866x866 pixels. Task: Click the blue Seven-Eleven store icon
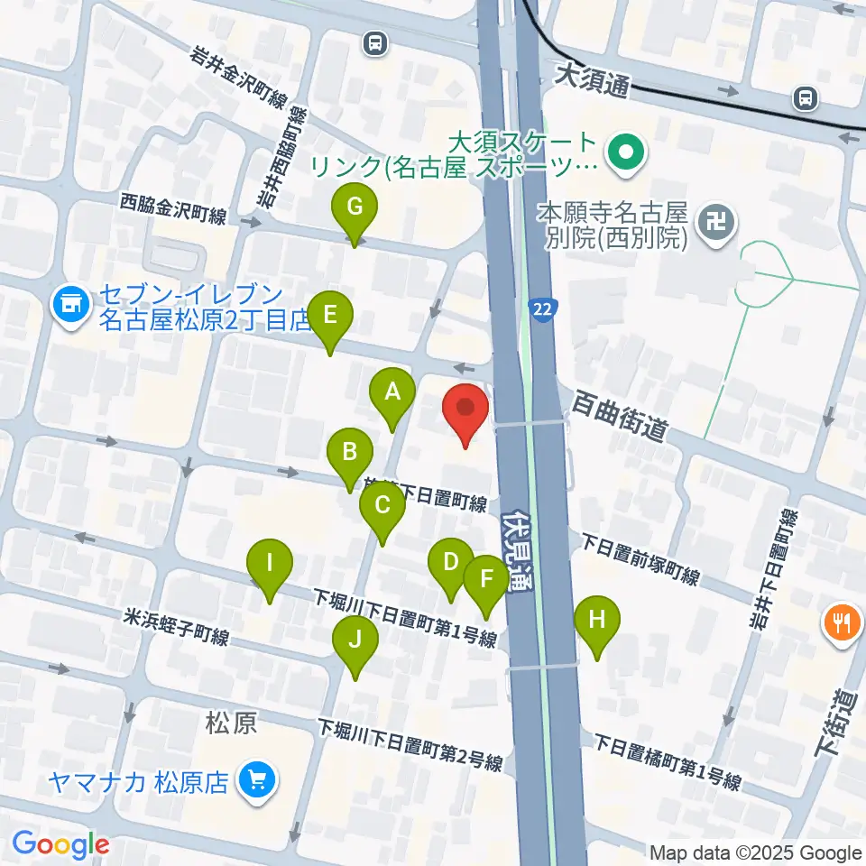click(70, 304)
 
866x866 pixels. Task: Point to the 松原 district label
click(232, 723)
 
